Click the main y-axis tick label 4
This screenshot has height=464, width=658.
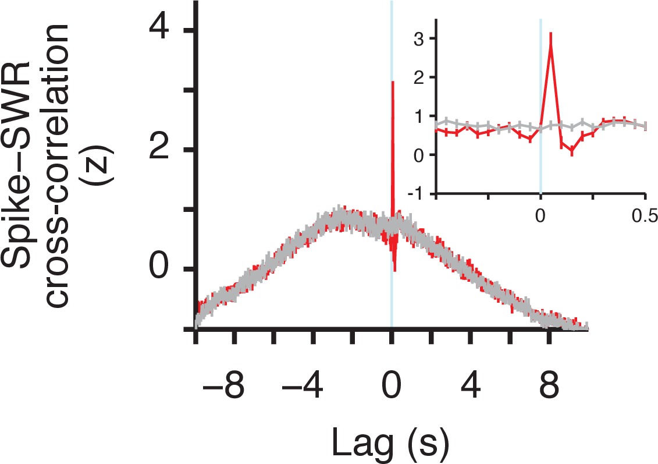coord(161,29)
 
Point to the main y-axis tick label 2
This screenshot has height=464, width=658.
coord(161,149)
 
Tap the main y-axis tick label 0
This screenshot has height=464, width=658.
coord(161,269)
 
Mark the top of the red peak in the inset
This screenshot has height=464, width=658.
coord(550,33)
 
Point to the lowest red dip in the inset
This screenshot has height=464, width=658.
coord(572,152)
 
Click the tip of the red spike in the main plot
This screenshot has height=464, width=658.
coord(393,82)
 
